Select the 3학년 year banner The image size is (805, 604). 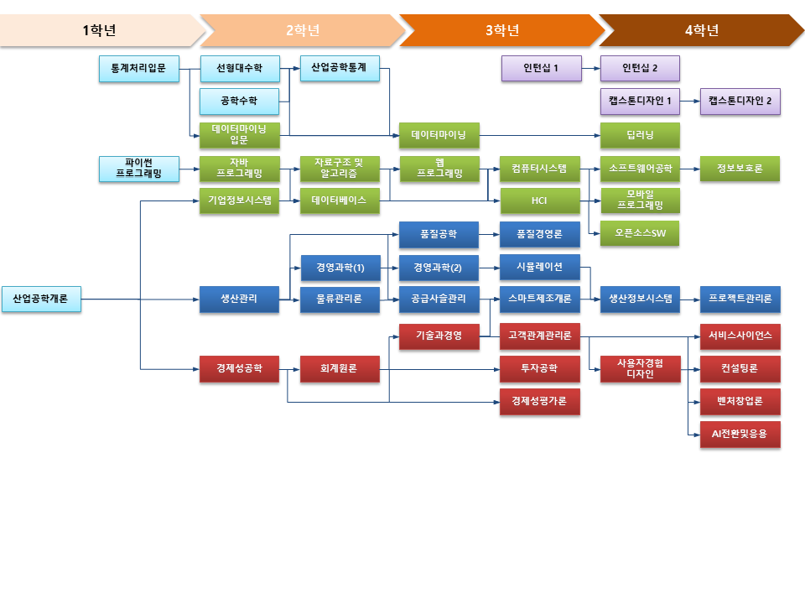[501, 31]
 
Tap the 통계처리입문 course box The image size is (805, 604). [139, 69]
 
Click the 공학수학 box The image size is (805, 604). [239, 102]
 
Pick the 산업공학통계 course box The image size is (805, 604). [339, 69]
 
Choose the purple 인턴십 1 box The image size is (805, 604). [541, 69]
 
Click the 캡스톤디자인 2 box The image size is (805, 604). [740, 102]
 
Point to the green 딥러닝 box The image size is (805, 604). [640, 135]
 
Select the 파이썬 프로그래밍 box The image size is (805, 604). [139, 169]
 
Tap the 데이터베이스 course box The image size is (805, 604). [339, 201]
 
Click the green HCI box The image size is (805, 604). [540, 201]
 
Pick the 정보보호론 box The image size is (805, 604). [740, 169]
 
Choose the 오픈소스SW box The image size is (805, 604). [640, 234]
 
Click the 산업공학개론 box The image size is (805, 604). [41, 299]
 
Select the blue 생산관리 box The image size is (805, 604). [239, 299]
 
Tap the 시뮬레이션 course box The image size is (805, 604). [540, 267]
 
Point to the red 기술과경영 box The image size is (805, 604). [439, 336]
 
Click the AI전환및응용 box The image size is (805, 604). [740, 435]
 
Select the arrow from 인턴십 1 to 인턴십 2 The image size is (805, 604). [590, 69]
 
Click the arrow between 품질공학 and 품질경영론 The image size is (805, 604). [490, 234]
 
